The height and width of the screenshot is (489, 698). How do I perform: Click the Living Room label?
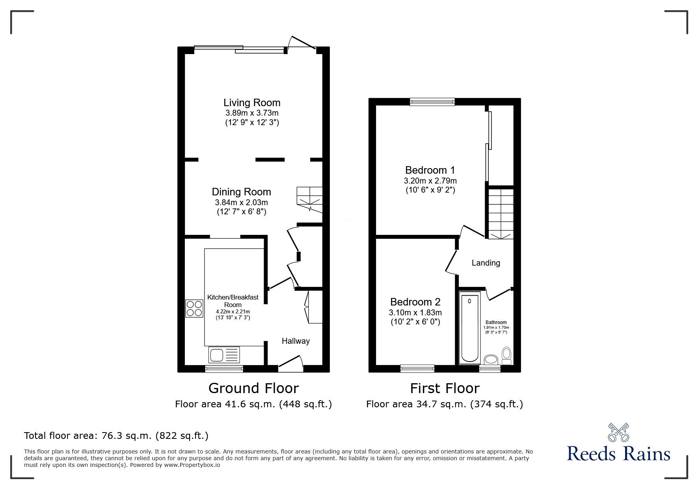(x=252, y=103)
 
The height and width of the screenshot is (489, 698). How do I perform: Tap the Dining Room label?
(x=241, y=192)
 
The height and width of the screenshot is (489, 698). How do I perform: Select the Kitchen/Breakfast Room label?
(x=233, y=301)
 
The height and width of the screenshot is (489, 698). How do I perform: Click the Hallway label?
(x=296, y=341)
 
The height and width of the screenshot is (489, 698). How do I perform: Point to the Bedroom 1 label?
(x=430, y=170)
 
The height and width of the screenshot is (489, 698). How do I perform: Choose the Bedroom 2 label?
(x=415, y=302)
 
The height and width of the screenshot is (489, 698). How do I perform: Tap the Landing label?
(x=486, y=263)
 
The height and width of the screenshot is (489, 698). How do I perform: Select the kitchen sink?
(x=223, y=354)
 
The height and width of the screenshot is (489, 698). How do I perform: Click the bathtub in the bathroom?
(x=470, y=327)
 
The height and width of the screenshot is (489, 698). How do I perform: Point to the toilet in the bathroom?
(x=506, y=356)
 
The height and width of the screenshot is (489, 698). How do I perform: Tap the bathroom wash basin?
(x=491, y=360)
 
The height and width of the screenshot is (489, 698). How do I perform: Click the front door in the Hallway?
(x=291, y=363)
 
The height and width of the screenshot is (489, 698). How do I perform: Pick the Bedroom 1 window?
(x=432, y=102)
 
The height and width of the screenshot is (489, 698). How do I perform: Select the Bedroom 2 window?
(x=417, y=369)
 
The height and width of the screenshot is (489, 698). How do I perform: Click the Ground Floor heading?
(x=253, y=388)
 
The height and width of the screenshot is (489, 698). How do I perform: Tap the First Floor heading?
(x=445, y=388)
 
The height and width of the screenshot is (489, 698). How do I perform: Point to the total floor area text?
(x=116, y=436)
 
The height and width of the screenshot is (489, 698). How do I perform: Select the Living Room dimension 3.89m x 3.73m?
(x=252, y=113)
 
